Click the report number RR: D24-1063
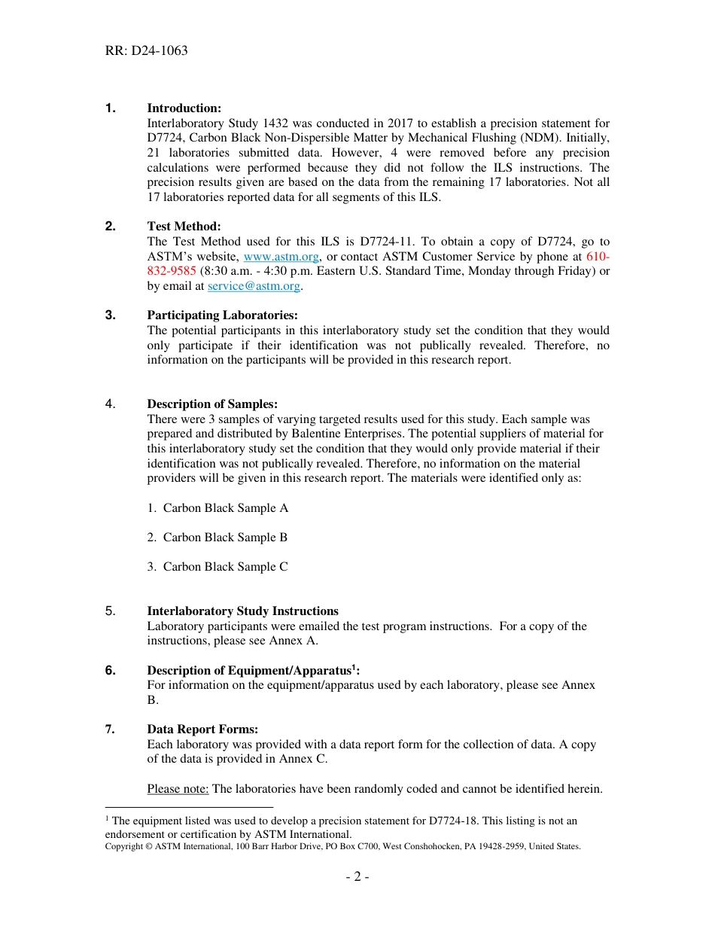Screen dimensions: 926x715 [x=146, y=51]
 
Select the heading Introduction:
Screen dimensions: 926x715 [x=184, y=108]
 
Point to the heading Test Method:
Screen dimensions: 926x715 [x=184, y=227]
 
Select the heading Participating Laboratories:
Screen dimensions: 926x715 [x=222, y=315]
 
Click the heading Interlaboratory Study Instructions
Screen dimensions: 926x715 [x=242, y=611]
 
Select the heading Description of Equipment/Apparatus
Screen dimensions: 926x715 [x=249, y=671]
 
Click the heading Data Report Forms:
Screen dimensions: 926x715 [x=202, y=730]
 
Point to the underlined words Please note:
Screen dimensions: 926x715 [x=178, y=789]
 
